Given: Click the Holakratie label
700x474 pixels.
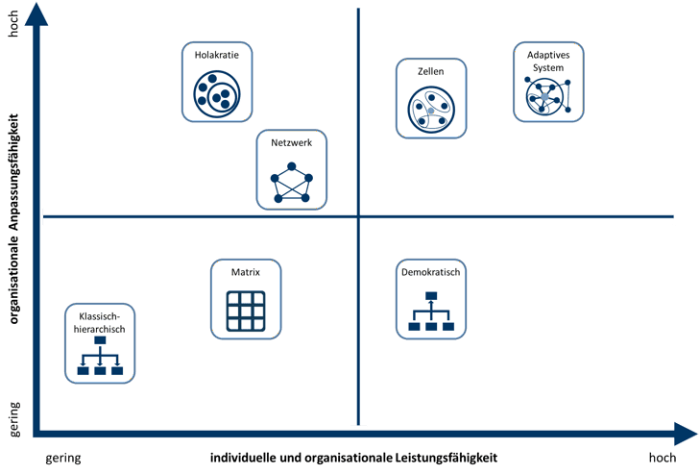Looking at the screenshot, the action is pos(216,55).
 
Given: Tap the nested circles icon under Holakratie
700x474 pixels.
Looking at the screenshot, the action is pos(217,94).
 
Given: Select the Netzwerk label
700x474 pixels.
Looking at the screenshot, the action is pos(292,142).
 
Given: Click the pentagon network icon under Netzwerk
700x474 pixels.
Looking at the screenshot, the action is pos(292,183).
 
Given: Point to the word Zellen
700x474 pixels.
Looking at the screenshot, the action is pos(431,71).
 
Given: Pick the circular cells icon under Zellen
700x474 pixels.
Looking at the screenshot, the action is pos(431,110).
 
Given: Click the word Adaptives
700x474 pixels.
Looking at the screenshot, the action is pos(548,55).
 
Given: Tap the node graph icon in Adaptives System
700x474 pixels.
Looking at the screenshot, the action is pos(547,96).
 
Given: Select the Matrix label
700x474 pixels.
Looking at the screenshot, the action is pos(246,272).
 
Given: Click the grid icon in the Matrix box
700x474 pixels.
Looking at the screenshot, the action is pos(246,311).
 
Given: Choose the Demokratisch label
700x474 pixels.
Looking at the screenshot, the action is pos(431,272).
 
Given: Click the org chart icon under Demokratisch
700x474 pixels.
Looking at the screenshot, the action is pos(431,312).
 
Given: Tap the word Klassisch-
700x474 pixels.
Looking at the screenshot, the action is pos(100,316).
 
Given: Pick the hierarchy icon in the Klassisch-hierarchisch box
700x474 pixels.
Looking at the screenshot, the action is pos(100,356).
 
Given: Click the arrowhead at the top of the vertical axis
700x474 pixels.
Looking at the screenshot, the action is pos(36,15).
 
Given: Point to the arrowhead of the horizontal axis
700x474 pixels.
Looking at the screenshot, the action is pos(686,434).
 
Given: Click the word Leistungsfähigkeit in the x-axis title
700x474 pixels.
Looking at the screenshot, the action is pos(446,458).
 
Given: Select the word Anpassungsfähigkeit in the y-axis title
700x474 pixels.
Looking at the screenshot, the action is pos(14,172).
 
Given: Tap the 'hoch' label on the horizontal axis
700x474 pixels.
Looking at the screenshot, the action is pos(663,458).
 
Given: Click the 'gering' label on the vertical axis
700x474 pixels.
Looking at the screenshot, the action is pos(14,419).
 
